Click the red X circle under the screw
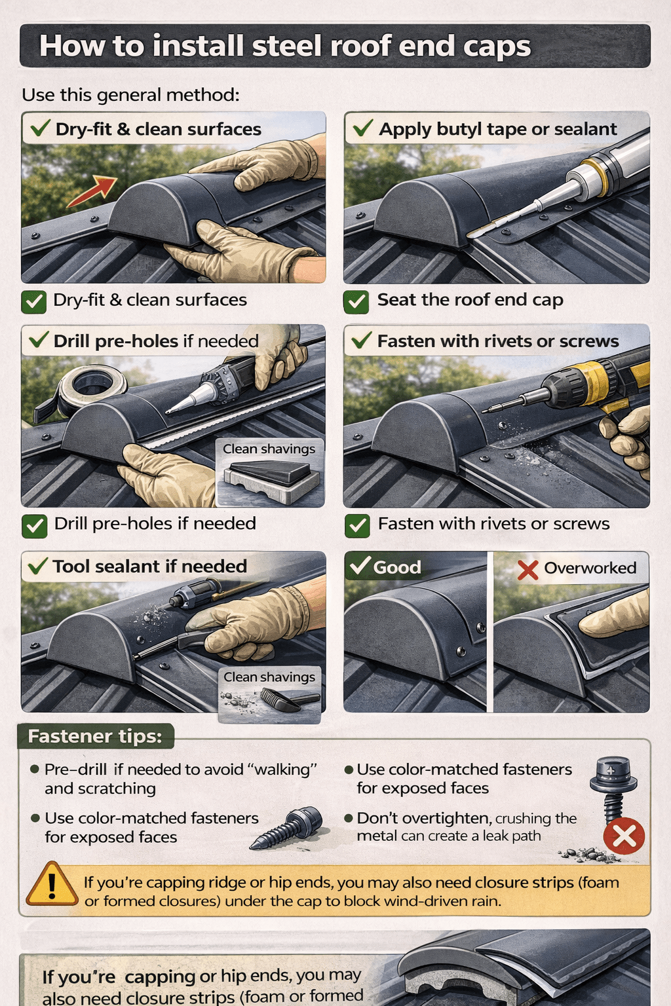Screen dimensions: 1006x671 (x=624, y=836)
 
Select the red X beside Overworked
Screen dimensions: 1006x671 (x=527, y=569)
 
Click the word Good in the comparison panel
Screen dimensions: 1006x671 (x=396, y=567)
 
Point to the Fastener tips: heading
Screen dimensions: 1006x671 (x=94, y=736)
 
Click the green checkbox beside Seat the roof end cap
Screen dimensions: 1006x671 (x=356, y=301)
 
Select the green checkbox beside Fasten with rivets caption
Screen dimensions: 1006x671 (x=357, y=525)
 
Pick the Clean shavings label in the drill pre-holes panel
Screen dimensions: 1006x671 (x=269, y=449)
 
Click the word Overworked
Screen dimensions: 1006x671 (x=590, y=568)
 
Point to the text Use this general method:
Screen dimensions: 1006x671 (x=130, y=95)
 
